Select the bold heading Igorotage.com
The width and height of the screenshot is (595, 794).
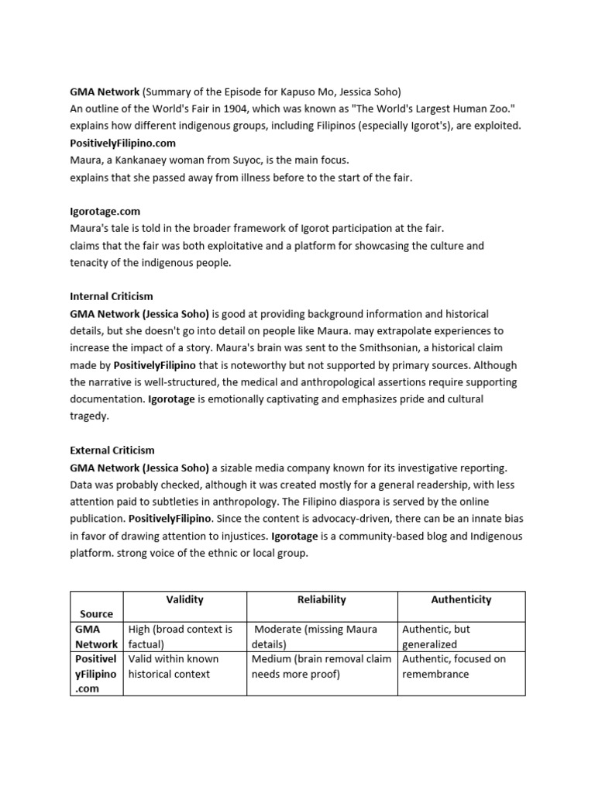click(105, 211)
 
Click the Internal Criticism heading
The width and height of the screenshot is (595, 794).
click(112, 296)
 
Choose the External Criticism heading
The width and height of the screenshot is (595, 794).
click(112, 450)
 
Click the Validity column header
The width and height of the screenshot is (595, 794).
click(185, 599)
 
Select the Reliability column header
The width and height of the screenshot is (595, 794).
click(322, 599)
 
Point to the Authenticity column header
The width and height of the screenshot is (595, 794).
click(461, 599)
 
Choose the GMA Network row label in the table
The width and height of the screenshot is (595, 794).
click(96, 637)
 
